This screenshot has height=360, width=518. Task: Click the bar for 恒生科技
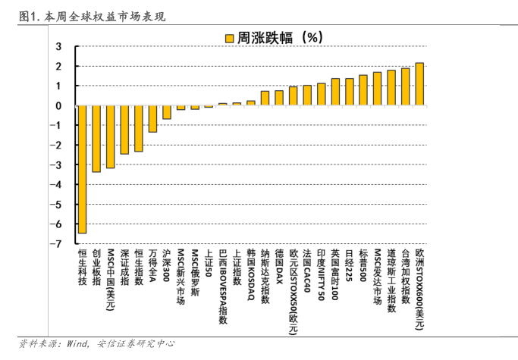coord(82,169)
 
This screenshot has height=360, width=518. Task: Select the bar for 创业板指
coord(96,139)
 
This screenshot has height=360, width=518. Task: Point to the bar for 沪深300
coord(166,112)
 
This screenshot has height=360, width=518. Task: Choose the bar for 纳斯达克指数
coord(265,99)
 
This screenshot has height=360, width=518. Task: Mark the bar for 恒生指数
coord(139,129)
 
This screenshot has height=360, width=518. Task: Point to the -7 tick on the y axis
coord(58,244)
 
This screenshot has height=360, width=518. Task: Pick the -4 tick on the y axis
coord(58,185)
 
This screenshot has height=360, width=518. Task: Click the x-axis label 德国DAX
coord(279,265)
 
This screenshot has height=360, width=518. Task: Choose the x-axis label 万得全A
coord(152,266)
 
